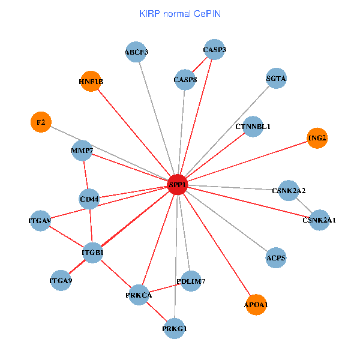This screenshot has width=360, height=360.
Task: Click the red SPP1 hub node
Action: (x=178, y=185)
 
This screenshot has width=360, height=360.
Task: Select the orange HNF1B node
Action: (x=91, y=82)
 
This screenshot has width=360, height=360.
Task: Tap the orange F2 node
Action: (x=40, y=122)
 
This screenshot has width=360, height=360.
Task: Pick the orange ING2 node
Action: (x=317, y=138)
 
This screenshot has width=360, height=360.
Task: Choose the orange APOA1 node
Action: (x=256, y=305)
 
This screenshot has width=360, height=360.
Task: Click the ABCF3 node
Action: (x=136, y=52)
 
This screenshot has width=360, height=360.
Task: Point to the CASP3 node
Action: (x=215, y=49)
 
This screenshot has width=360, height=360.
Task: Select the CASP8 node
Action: (x=185, y=80)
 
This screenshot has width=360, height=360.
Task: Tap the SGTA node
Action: (x=276, y=79)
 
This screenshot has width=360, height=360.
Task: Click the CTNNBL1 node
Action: (x=253, y=127)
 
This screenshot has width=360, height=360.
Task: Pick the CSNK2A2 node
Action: (x=289, y=191)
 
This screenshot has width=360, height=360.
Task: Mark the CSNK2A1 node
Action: (x=319, y=220)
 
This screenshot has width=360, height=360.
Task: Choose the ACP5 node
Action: (x=275, y=258)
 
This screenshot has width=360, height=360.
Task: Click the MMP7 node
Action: (x=82, y=150)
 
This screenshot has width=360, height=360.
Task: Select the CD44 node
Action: (x=89, y=199)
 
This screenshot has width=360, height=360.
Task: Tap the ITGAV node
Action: (x=40, y=221)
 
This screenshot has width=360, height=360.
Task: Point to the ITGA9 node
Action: (x=61, y=280)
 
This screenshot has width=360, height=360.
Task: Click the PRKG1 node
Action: (x=175, y=329)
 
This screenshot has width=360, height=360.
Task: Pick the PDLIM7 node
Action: (x=191, y=281)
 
